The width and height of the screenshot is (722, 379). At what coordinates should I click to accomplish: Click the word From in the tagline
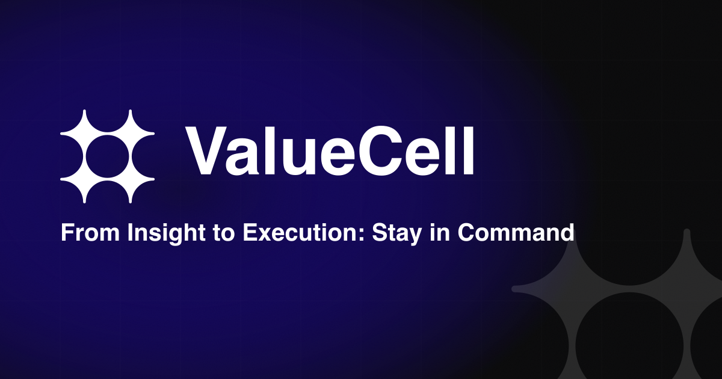pyautogui.click(x=90, y=232)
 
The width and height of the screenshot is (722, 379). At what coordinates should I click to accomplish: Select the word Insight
pyautogui.click(x=166, y=233)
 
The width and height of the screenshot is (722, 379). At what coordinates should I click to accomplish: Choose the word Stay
pyautogui.click(x=396, y=233)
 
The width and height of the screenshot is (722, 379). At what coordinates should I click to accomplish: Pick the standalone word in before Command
pyautogui.click(x=440, y=232)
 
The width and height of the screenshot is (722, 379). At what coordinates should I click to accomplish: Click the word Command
pyautogui.click(x=516, y=232)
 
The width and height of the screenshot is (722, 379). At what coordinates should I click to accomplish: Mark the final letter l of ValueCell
pyautogui.click(x=467, y=150)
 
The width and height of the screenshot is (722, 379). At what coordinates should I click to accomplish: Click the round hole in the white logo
pyautogui.click(x=107, y=156)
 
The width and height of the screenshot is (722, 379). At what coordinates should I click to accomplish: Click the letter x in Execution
pyautogui.click(x=264, y=235)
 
